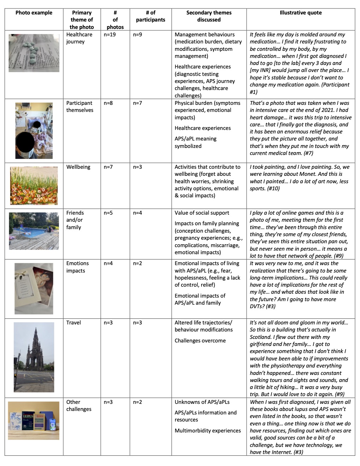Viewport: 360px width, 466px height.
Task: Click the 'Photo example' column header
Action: tap(34, 13)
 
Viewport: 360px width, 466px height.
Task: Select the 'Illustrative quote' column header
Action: tap(300, 13)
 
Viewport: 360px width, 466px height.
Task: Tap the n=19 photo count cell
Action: tap(109, 35)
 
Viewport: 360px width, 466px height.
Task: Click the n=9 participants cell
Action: tap(138, 35)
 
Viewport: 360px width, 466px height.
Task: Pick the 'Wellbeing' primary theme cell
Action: tap(78, 167)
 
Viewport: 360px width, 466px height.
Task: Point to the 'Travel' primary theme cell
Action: tap(73, 323)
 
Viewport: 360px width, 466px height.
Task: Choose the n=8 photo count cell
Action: tap(108, 103)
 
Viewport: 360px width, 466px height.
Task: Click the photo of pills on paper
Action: tap(34, 53)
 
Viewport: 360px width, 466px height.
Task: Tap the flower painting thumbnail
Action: tap(34, 186)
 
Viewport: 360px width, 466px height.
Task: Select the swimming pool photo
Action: tap(34, 231)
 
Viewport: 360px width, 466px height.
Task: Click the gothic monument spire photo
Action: tap(34, 357)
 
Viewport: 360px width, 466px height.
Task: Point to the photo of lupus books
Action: tap(34, 420)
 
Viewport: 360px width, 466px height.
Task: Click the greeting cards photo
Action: tap(34, 288)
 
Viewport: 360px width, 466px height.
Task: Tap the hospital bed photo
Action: tap(34, 131)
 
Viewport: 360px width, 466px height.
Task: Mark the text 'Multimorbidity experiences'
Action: tap(208, 431)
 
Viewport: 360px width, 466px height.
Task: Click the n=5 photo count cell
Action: tap(108, 213)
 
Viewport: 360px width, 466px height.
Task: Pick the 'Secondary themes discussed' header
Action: tap(209, 16)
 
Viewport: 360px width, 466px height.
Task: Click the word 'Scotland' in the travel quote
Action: tap(261, 337)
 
